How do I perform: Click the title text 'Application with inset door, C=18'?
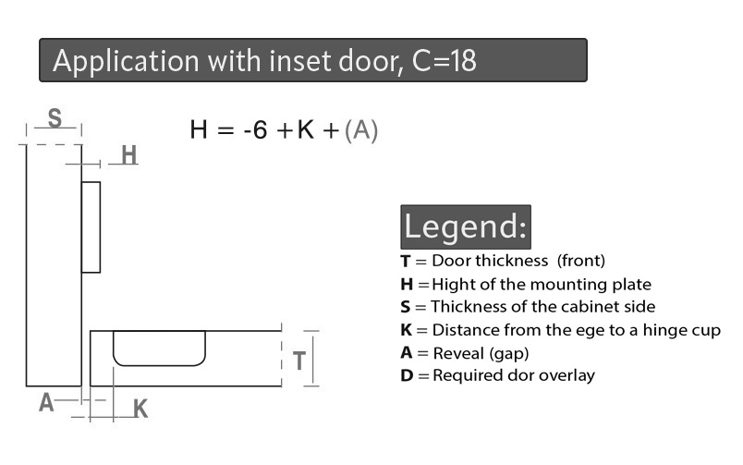pyautogui.click(x=264, y=61)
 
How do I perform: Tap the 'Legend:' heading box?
pyautogui.click(x=466, y=226)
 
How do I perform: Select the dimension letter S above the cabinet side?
pyautogui.click(x=55, y=117)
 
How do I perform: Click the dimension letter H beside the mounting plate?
pyautogui.click(x=128, y=155)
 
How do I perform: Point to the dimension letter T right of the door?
pyautogui.click(x=299, y=361)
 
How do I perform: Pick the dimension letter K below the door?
pyautogui.click(x=140, y=409)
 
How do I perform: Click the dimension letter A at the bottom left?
pyautogui.click(x=46, y=403)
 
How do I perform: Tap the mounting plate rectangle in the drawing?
pyautogui.click(x=91, y=227)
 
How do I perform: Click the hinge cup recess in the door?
pyautogui.click(x=159, y=349)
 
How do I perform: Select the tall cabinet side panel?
pyautogui.click(x=54, y=265)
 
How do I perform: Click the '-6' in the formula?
pyautogui.click(x=255, y=129)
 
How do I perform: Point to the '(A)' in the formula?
pyautogui.click(x=361, y=130)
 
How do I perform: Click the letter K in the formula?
pyautogui.click(x=306, y=129)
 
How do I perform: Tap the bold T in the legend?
pyautogui.click(x=405, y=262)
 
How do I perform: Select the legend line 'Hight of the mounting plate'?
pyautogui.click(x=542, y=285)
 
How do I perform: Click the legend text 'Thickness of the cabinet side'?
pyautogui.click(x=543, y=307)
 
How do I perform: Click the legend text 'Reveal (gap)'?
pyautogui.click(x=481, y=354)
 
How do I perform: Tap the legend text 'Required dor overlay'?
pyautogui.click(x=514, y=375)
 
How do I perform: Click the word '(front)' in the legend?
pyautogui.click(x=581, y=261)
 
